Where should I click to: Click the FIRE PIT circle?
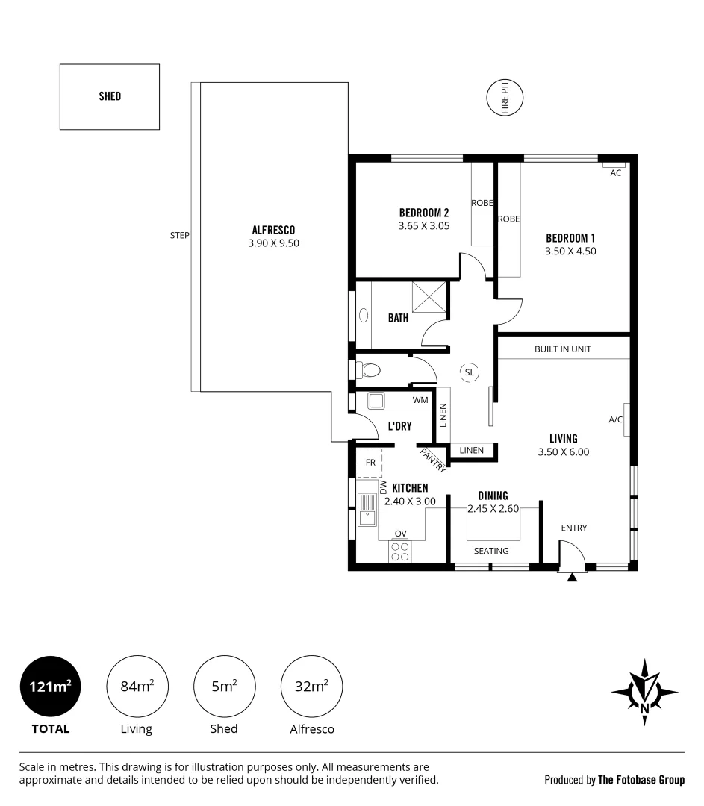point(487,98)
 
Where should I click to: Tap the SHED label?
point(110,96)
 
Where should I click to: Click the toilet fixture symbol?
point(371,369)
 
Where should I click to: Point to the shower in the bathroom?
point(429,296)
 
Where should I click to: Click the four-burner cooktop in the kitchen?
point(400,552)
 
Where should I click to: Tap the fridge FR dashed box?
point(370,463)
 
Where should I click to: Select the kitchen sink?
point(367,510)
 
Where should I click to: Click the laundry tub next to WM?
point(376,401)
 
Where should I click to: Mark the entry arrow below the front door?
point(572,577)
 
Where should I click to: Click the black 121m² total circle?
point(51,687)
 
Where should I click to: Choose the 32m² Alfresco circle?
point(311,687)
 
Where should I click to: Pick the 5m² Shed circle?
point(224,687)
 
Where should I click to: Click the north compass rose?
point(644,692)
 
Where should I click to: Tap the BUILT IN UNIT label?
point(563,349)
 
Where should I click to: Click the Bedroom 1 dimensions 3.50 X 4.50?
point(570,252)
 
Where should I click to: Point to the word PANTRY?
point(433,460)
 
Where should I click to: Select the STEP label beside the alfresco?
point(179,235)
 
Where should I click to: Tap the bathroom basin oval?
point(364,315)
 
